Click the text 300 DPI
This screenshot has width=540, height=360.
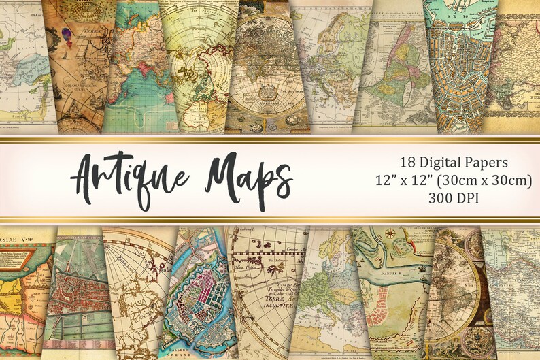point(454,198)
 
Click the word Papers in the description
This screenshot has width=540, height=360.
point(490,163)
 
